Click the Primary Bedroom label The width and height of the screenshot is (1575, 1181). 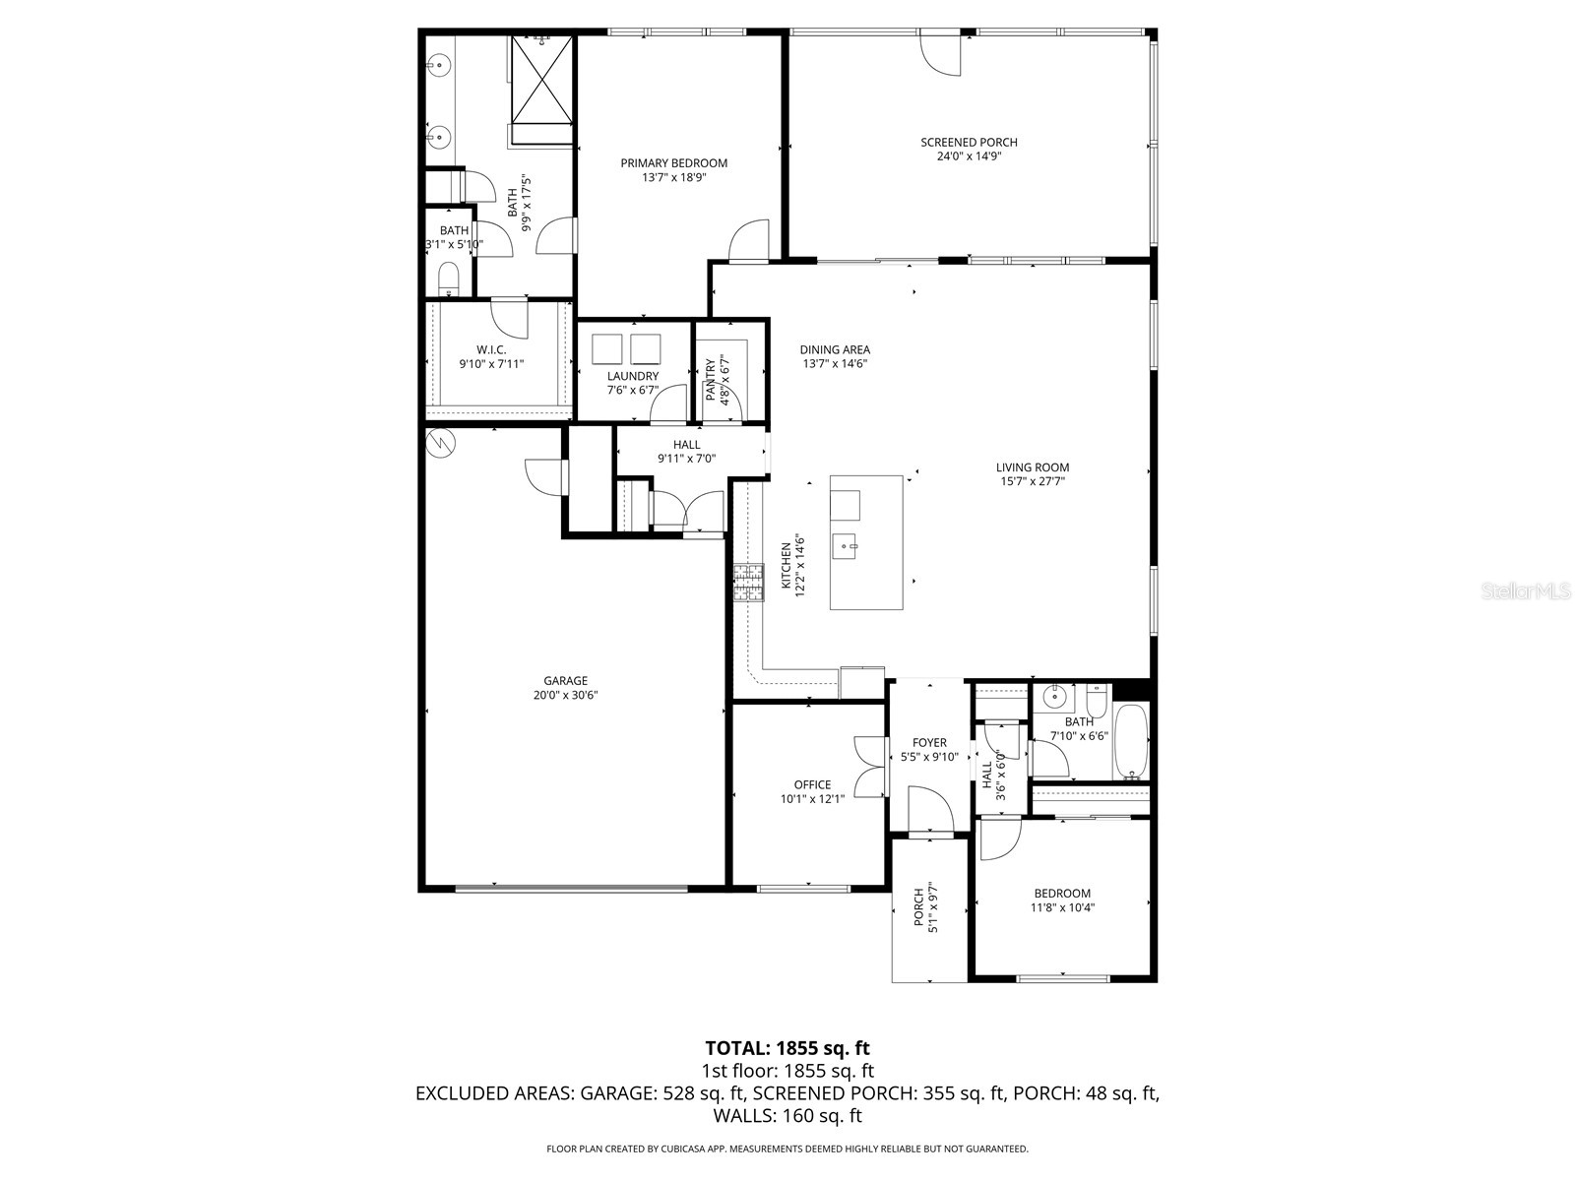(x=673, y=163)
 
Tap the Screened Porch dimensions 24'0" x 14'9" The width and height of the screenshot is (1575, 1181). (x=969, y=156)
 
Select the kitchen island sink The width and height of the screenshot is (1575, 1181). (x=847, y=544)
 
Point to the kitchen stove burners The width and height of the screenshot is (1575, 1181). (x=748, y=582)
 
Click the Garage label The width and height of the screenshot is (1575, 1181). (x=565, y=680)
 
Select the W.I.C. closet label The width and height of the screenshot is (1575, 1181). (x=491, y=349)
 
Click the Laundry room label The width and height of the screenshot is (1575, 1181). (x=632, y=376)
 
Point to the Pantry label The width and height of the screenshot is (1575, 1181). (x=711, y=380)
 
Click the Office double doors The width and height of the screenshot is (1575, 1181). (x=869, y=767)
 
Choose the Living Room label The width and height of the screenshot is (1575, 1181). (x=1032, y=467)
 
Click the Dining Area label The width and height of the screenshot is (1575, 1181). (x=835, y=349)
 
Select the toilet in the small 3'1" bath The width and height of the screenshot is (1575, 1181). (x=448, y=278)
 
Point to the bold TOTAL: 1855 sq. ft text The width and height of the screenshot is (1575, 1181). (x=787, y=1048)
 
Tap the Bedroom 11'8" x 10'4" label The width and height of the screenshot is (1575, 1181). (x=1062, y=894)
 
